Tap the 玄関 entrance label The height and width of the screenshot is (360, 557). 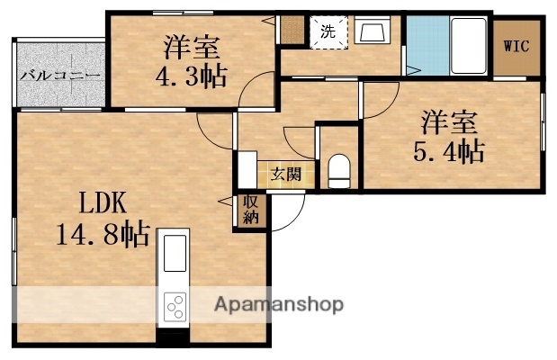pyautogui.click(x=288, y=174)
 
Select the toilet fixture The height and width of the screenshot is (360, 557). pyautogui.click(x=339, y=170)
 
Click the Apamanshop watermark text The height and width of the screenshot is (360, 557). pyautogui.click(x=277, y=304)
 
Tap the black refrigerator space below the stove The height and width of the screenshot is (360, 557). pyautogui.click(x=174, y=337)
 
